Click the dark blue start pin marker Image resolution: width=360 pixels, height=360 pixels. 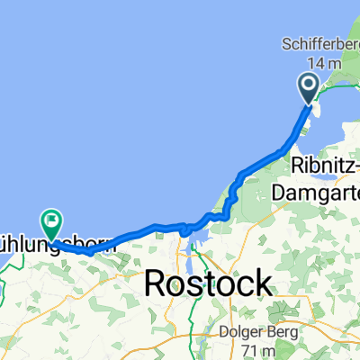[x=308, y=88]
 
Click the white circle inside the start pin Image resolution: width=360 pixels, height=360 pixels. [x=308, y=85]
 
